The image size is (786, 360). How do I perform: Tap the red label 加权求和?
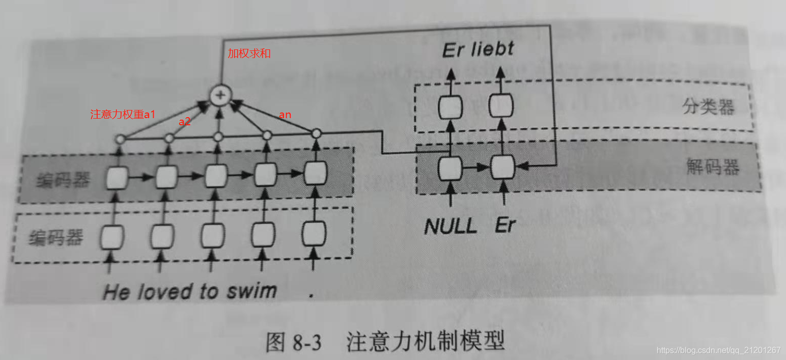click(x=249, y=53)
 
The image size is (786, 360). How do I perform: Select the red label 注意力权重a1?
click(x=122, y=115)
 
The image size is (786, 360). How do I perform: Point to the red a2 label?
click(x=185, y=122)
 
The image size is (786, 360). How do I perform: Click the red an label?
click(x=285, y=115)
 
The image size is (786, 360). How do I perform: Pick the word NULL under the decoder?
click(x=451, y=226)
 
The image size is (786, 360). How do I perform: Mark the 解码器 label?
click(x=712, y=167)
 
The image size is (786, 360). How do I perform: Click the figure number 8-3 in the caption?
click(x=307, y=343)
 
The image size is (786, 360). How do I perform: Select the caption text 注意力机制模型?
click(x=426, y=342)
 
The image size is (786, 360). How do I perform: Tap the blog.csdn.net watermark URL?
click(x=718, y=350)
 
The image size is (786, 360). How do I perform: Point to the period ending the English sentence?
click(x=311, y=295)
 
